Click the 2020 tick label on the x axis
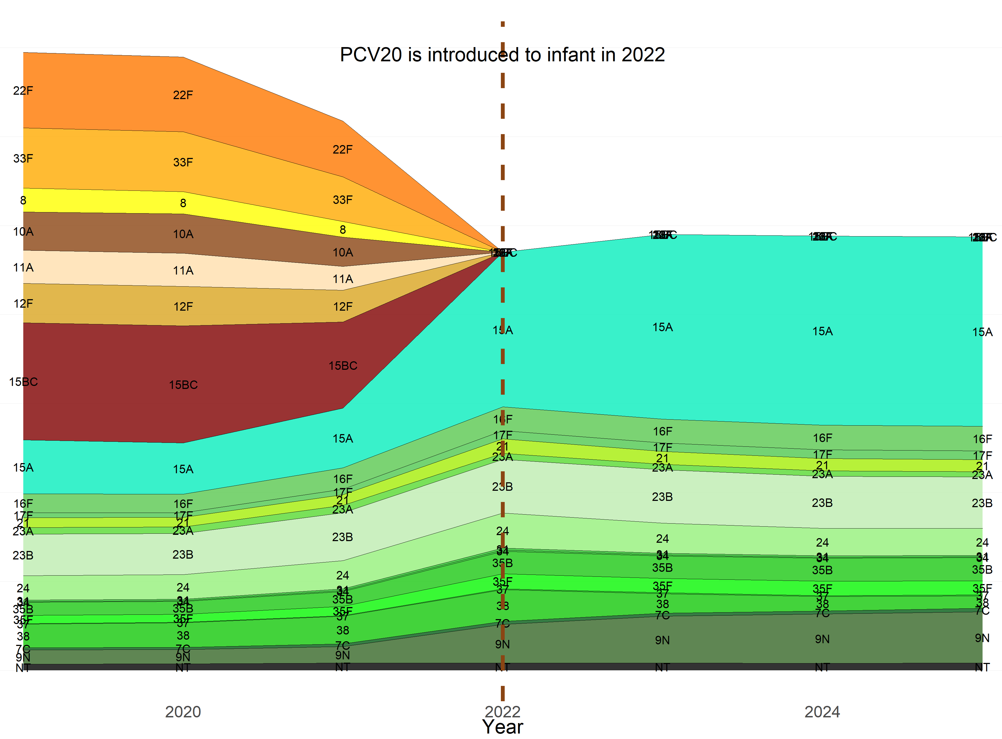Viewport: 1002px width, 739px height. [x=183, y=712]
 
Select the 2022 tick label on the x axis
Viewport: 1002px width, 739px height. [x=502, y=712]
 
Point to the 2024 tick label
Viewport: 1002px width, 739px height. [x=822, y=712]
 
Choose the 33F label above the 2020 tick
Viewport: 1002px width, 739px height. [x=183, y=162]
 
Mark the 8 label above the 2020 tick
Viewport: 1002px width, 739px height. [x=183, y=203]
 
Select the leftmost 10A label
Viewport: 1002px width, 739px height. [x=23, y=232]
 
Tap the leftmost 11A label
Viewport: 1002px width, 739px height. [x=23, y=267]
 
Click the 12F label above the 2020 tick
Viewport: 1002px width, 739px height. [x=183, y=307]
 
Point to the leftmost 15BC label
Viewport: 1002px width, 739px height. [x=23, y=382]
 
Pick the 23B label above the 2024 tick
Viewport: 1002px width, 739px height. [x=822, y=503]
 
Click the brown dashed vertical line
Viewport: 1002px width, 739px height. [x=503, y=134]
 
